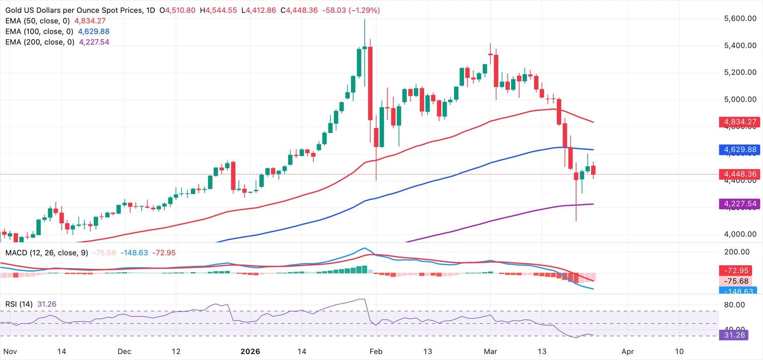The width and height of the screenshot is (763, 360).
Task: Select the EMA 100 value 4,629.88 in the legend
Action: click(x=94, y=31)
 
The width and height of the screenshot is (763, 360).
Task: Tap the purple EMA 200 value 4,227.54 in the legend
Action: click(x=94, y=42)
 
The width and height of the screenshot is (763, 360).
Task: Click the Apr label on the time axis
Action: click(x=627, y=352)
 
